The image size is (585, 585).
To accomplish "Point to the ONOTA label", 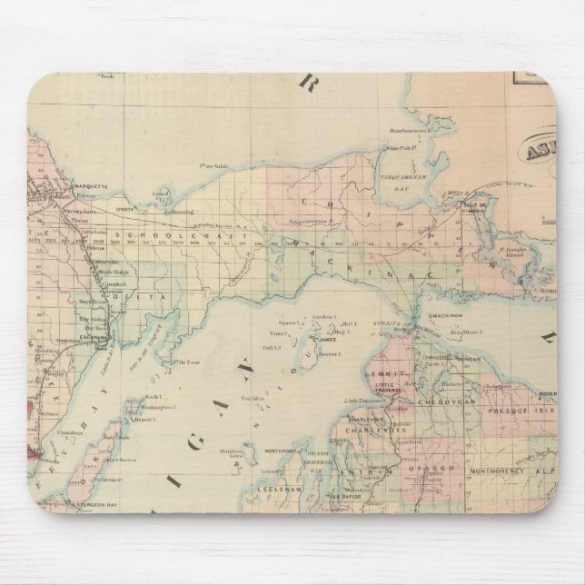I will (x=125, y=205).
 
